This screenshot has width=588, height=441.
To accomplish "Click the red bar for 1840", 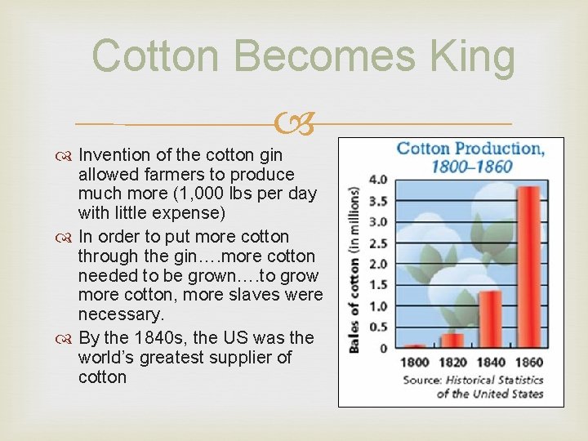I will (x=490, y=318).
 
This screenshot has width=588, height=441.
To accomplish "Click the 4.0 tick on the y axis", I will (x=378, y=179).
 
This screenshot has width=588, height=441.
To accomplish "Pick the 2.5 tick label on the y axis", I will (x=378, y=243).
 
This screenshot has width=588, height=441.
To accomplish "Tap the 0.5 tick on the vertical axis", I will (x=378, y=327).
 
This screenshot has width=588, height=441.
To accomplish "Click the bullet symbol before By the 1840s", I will (x=66, y=338).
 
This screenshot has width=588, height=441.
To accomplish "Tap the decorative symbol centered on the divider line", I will (x=295, y=123).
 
